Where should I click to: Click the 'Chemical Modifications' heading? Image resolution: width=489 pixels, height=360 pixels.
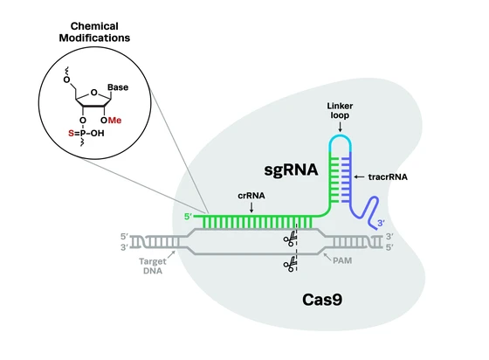tap(94, 31)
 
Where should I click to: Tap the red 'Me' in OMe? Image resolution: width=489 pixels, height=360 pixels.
tap(114, 121)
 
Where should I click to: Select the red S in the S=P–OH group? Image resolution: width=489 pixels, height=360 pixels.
tap(71, 134)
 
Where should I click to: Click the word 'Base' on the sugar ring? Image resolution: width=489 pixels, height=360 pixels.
tap(118, 87)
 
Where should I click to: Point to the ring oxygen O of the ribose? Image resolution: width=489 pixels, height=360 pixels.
tap(94, 93)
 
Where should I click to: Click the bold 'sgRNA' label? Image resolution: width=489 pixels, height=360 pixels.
tap(291, 170)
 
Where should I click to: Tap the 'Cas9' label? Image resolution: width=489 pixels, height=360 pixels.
tap(322, 300)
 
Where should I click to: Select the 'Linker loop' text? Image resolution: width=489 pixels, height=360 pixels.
tap(340, 110)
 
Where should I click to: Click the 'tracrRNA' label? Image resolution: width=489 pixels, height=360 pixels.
tap(388, 177)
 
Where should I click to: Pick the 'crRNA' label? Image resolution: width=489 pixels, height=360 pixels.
tap(251, 196)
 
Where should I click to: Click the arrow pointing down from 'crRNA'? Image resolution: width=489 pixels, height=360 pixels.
tap(251, 207)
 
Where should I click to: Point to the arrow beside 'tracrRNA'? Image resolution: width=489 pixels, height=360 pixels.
tap(359, 177)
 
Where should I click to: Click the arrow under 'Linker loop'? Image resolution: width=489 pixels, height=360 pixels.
tap(340, 127)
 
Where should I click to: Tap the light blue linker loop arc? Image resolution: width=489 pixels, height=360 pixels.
tap(341, 136)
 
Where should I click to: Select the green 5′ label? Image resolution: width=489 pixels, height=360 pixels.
tap(188, 216)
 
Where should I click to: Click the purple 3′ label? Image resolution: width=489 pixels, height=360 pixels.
tap(381, 223)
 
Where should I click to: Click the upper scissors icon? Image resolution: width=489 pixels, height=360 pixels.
tap(290, 239)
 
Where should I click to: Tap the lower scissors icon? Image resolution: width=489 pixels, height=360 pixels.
tap(290, 264)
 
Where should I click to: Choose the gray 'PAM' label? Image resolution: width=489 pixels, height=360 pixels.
tap(342, 260)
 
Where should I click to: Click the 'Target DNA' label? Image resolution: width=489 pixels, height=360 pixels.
tap(153, 267)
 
